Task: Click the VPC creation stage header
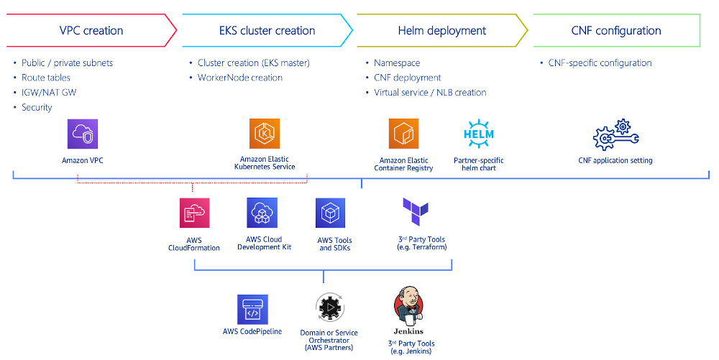pos(91,31)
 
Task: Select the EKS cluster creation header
pos(267,31)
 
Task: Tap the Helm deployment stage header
pos(441,31)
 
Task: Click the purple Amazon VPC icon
pos(82,135)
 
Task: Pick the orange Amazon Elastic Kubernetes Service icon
pos(264,134)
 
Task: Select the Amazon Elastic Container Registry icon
pos(403,134)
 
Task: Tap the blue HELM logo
pos(479,134)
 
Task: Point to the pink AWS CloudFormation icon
pos(194,213)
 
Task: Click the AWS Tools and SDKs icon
pos(330,213)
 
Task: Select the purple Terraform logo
pos(416,212)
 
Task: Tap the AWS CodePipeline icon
pos(252,309)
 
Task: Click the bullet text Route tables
pos(45,78)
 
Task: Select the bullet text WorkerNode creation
pos(239,78)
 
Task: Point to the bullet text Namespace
pos(397,63)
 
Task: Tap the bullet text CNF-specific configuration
pos(600,63)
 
